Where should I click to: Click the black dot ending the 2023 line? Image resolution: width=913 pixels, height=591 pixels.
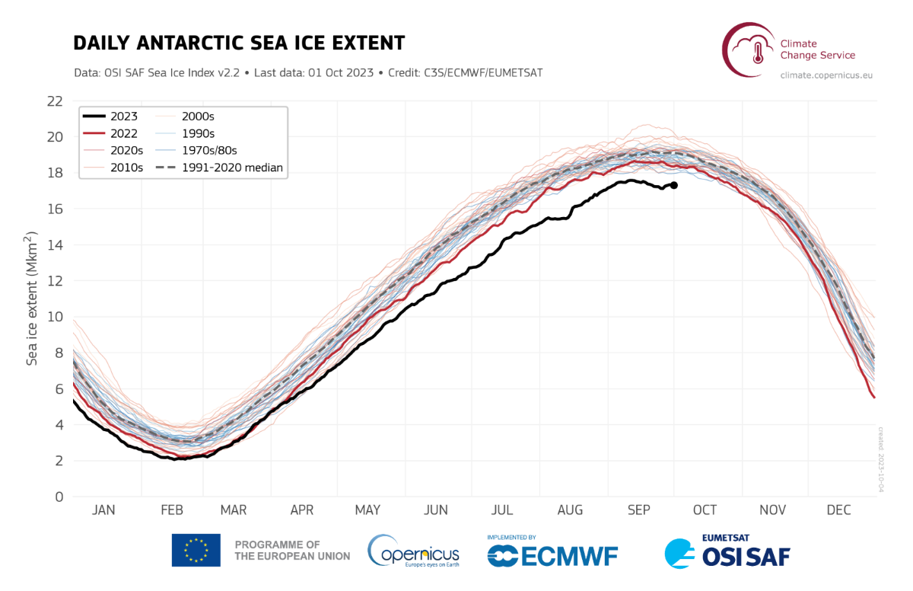(673, 185)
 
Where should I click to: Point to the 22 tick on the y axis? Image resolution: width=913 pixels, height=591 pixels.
(54, 101)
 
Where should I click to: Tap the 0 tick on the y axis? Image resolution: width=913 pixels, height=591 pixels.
(59, 497)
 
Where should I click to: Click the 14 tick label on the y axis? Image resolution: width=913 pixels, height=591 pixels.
(54, 244)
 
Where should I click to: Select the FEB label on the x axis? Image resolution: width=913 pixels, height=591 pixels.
(170, 510)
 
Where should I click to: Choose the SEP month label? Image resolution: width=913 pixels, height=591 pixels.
(638, 510)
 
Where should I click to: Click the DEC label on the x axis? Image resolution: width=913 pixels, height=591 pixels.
(840, 510)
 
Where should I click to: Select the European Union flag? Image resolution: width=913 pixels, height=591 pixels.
(196, 550)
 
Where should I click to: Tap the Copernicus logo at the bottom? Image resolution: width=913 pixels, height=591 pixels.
(413, 551)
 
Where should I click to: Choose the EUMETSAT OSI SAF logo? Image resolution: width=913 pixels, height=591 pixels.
(729, 551)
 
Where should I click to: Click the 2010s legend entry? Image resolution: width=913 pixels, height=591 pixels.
(126, 168)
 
